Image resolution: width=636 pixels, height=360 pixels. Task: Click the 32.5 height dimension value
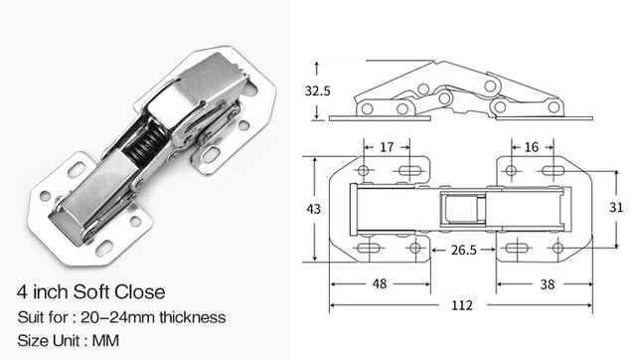point(318,90)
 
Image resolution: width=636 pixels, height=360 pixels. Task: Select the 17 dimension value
point(387,146)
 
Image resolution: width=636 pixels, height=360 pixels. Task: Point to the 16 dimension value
point(531,146)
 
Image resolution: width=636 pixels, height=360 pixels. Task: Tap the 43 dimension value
point(315,209)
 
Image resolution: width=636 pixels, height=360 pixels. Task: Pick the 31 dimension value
point(615,207)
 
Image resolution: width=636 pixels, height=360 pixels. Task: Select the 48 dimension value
point(379,281)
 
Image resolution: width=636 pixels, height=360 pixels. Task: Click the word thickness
point(194,317)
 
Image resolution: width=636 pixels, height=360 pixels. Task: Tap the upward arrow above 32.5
point(317,65)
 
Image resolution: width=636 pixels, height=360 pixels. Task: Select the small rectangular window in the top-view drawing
point(463,210)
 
